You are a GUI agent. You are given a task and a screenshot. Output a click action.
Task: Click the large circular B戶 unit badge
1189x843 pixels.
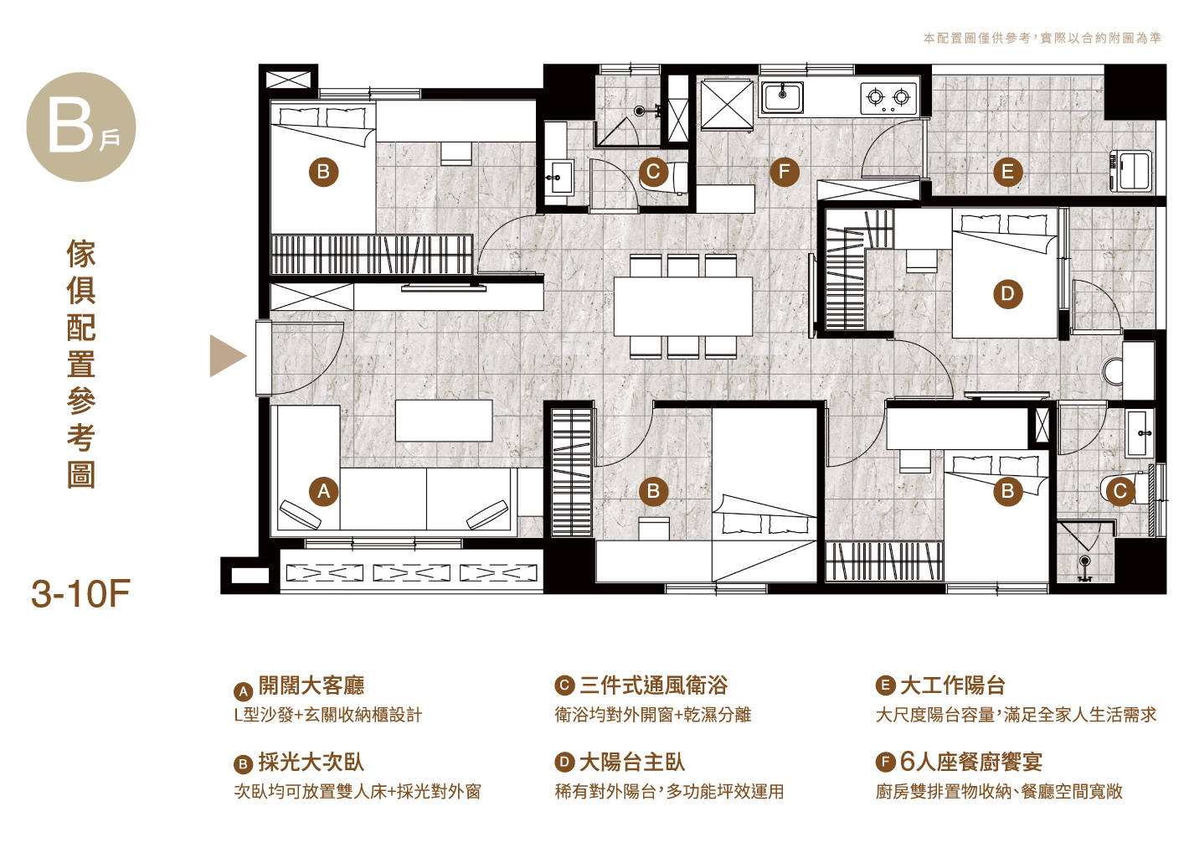pyautogui.click(x=81, y=127)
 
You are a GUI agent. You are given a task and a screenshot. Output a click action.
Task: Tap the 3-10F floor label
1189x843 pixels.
pyautogui.click(x=80, y=594)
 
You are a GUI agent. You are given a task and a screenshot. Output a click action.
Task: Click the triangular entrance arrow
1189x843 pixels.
pyautogui.click(x=228, y=356)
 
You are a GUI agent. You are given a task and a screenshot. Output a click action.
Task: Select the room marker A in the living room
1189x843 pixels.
pyautogui.click(x=324, y=491)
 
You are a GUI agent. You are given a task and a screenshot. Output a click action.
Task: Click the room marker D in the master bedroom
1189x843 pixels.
pyautogui.click(x=1007, y=294)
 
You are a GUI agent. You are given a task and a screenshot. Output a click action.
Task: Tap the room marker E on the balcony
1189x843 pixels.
pyautogui.click(x=1007, y=172)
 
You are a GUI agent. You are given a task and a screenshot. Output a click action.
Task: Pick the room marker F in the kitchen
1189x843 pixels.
pyautogui.click(x=785, y=172)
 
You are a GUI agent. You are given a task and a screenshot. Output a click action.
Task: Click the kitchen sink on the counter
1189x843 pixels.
pyautogui.click(x=781, y=98)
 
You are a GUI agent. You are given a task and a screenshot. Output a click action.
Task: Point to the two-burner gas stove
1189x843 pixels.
pyautogui.click(x=888, y=98)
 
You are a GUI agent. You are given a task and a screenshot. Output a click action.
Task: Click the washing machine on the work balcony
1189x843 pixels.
pyautogui.click(x=1130, y=171)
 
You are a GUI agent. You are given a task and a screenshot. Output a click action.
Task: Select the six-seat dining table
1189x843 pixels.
pyautogui.click(x=683, y=307)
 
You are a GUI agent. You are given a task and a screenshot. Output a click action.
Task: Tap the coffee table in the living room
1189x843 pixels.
pyautogui.click(x=444, y=421)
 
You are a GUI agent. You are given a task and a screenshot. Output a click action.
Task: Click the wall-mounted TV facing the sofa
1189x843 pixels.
pyautogui.click(x=444, y=288)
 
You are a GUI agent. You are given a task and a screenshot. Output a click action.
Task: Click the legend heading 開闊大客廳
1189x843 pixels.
pyautogui.click(x=311, y=685)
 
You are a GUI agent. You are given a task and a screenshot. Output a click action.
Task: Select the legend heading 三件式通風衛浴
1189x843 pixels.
pyautogui.click(x=653, y=685)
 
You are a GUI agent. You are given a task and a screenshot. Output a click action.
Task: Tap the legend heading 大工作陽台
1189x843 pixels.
pyautogui.click(x=953, y=685)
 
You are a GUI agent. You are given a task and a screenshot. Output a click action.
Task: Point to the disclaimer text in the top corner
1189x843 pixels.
pyautogui.click(x=1042, y=39)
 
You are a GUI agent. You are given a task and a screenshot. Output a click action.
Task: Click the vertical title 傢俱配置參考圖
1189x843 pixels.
pyautogui.click(x=81, y=364)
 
